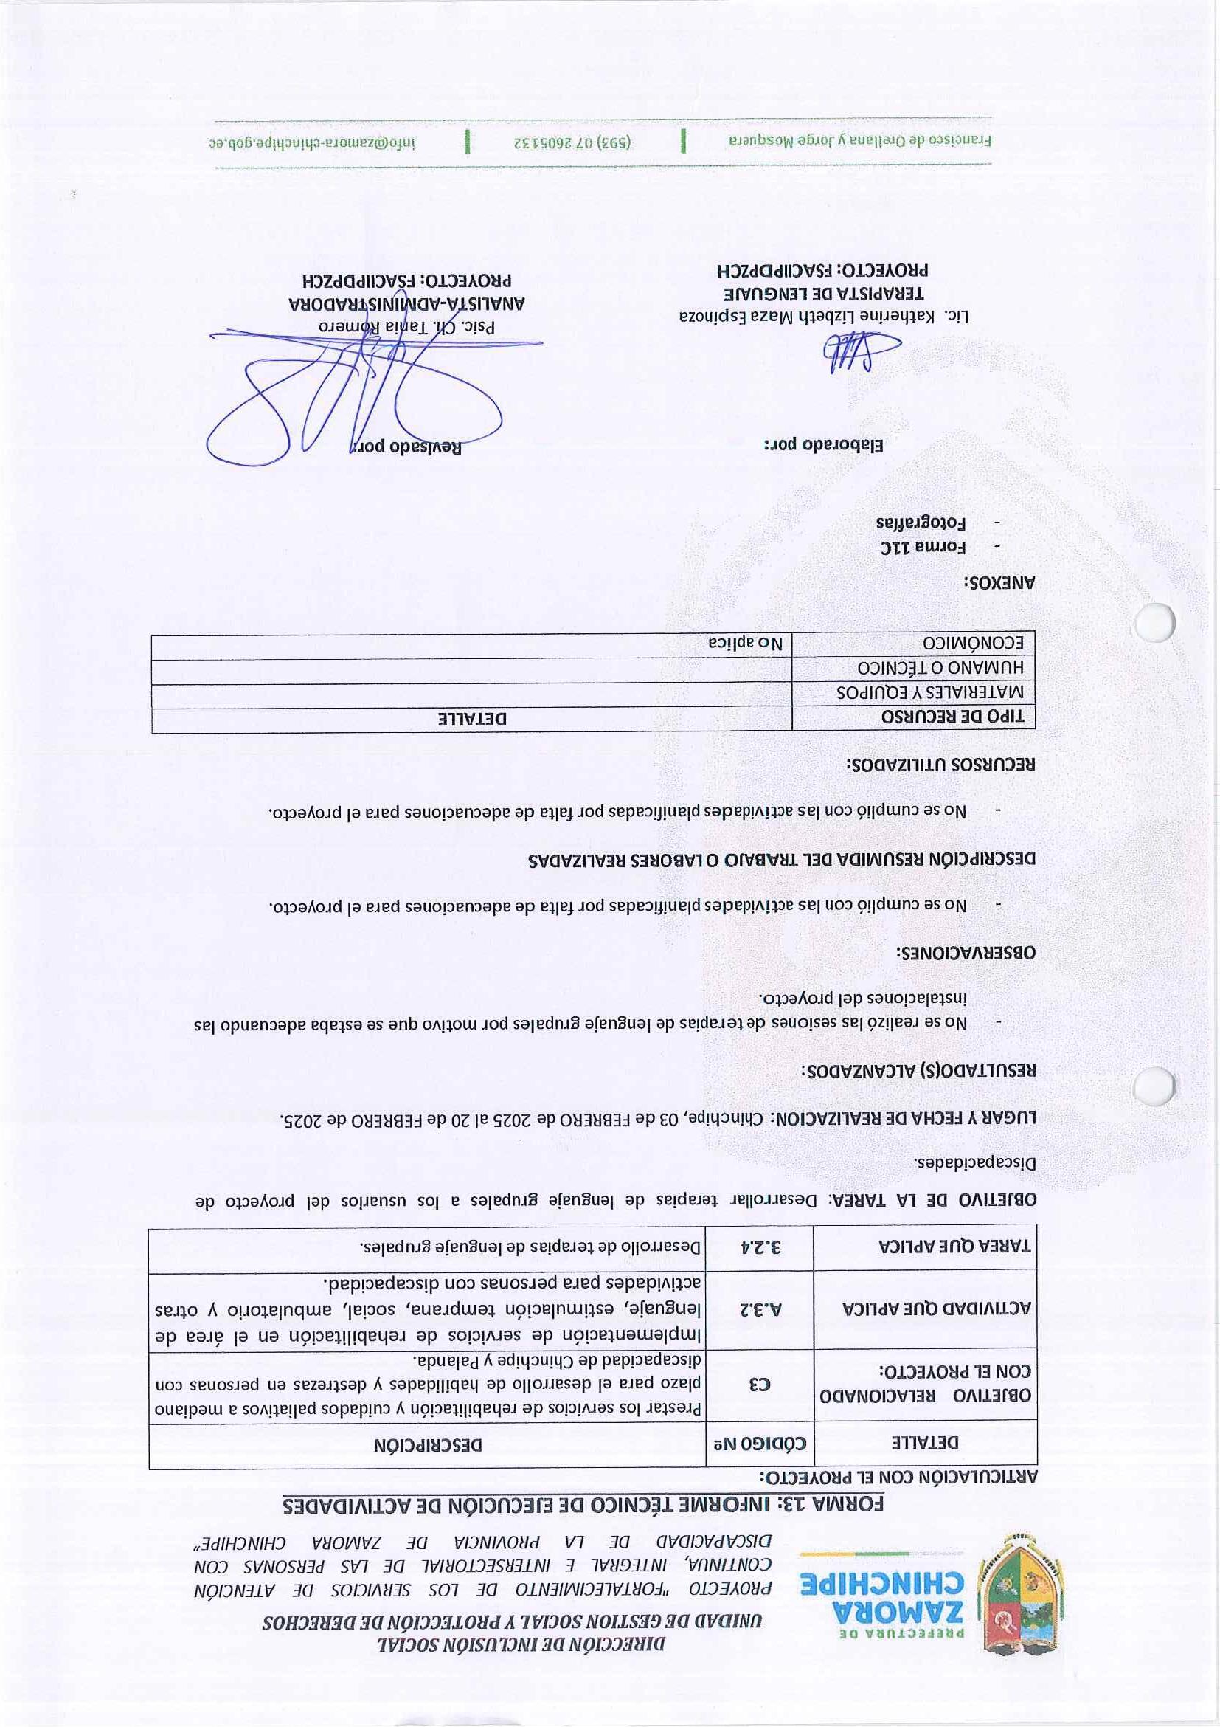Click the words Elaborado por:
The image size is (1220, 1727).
[823, 444]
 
